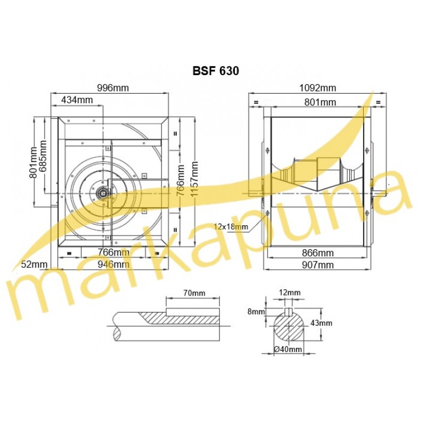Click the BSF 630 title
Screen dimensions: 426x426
click(216, 71)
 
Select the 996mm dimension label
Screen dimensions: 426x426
click(113, 88)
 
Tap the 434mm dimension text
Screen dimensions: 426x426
click(77, 100)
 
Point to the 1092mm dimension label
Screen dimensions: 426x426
click(317, 88)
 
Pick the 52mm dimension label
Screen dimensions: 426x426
click(34, 264)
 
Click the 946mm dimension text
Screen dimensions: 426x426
click(113, 264)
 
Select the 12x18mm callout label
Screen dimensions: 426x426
click(231, 226)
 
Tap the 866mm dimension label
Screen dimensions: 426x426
click(317, 253)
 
